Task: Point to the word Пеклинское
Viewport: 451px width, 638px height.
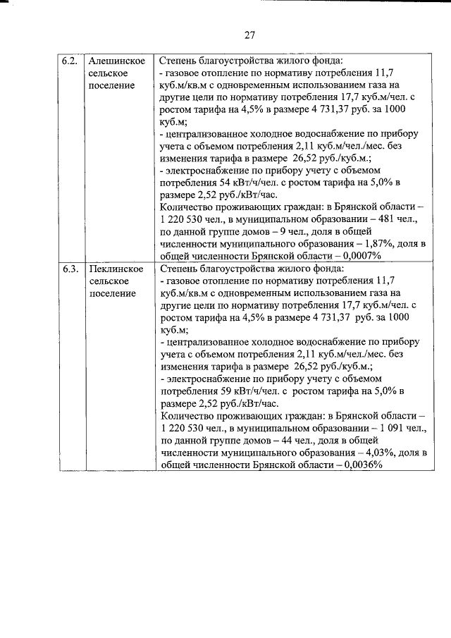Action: pyautogui.click(x=116, y=269)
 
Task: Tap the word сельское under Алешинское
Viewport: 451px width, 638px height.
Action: pyautogui.click(x=109, y=73)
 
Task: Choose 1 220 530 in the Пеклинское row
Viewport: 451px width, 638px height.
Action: pyautogui.click(x=186, y=428)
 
